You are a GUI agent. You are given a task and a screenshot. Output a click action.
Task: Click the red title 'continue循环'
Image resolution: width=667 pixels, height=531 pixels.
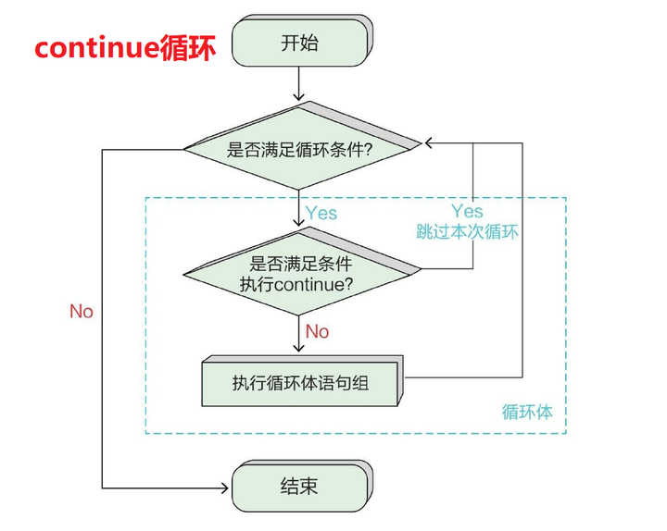click(x=125, y=47)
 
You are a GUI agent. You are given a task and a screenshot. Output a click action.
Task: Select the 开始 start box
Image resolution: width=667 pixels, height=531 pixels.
click(x=298, y=42)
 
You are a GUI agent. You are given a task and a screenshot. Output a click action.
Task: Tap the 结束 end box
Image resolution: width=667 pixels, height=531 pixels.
click(x=298, y=487)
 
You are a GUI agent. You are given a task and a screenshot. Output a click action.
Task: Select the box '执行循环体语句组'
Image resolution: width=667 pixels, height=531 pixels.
click(x=300, y=380)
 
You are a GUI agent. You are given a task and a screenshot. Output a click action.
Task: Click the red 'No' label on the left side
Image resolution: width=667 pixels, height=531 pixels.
click(x=82, y=312)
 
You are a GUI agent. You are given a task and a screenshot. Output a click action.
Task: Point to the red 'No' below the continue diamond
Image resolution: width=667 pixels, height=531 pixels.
click(x=317, y=331)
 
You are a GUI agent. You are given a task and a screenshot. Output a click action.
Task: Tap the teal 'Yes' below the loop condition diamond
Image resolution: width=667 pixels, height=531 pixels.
click(x=321, y=213)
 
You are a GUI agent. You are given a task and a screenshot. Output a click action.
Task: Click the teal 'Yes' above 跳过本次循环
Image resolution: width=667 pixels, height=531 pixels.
click(x=467, y=212)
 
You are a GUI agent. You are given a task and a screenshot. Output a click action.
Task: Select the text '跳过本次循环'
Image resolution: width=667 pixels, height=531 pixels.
click(x=467, y=232)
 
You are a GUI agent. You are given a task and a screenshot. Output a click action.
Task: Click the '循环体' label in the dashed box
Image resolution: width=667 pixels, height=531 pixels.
click(x=527, y=412)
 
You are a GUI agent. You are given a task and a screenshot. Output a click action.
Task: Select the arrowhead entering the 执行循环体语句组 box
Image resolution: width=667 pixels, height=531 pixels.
click(x=298, y=348)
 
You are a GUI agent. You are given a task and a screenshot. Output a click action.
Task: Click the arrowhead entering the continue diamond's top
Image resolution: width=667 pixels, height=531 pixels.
click(x=298, y=222)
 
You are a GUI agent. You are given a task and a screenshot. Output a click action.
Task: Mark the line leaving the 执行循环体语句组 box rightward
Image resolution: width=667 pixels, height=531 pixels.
click(x=463, y=377)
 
